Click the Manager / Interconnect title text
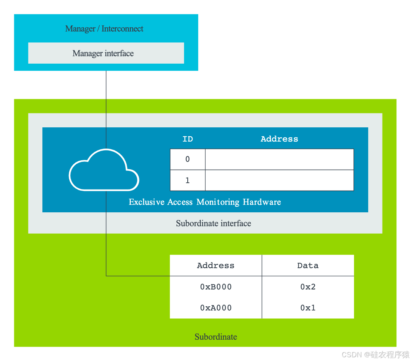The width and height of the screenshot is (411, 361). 104,29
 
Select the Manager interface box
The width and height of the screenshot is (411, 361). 106,53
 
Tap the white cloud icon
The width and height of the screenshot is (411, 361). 104,170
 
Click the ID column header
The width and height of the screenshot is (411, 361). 187,139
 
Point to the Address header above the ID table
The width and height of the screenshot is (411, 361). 279,139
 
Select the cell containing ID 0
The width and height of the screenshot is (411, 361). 188,159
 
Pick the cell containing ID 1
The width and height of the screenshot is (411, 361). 188,180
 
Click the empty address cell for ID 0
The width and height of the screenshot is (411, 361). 279,159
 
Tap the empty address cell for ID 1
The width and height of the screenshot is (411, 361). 279,180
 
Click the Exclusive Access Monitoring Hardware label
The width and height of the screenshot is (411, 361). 205,202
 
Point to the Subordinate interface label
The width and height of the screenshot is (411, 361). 213,224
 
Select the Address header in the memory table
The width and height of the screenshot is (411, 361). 215,266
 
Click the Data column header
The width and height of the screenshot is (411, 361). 308,266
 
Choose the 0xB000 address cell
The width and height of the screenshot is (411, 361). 216,287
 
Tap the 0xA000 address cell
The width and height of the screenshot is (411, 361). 216,308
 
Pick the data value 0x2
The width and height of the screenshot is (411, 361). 308,287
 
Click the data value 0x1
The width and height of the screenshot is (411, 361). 308,308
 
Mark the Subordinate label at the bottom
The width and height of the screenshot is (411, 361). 216,337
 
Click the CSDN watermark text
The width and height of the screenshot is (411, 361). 375,354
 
